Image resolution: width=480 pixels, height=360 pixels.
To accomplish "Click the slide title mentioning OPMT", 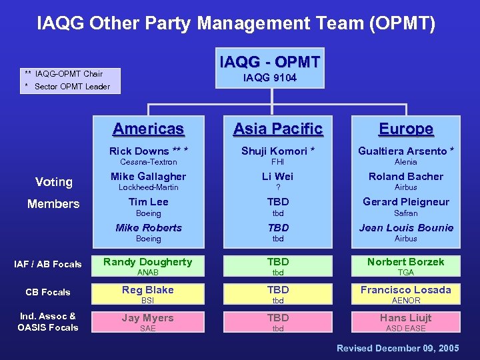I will pyautogui.click(x=237, y=24).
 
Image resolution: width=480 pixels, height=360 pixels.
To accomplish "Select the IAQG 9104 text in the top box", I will pyautogui.click(x=270, y=78).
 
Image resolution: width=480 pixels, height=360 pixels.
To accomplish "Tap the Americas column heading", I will pyautogui.click(x=148, y=129).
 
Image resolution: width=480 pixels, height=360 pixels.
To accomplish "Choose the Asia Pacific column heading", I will pyautogui.click(x=278, y=129).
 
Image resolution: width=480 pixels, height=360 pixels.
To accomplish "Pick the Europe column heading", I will pyautogui.click(x=406, y=129).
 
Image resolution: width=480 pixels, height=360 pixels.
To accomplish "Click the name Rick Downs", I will pyautogui.click(x=148, y=151).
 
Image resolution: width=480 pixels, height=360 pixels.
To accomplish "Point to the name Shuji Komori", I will pyautogui.click(x=278, y=151).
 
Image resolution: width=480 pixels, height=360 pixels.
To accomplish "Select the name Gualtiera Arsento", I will pyautogui.click(x=406, y=151).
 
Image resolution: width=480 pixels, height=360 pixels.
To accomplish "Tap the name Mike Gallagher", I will pyautogui.click(x=148, y=177).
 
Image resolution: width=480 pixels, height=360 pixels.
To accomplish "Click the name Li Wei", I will pyautogui.click(x=278, y=177).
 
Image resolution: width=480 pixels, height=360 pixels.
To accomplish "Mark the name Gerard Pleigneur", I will pyautogui.click(x=406, y=202).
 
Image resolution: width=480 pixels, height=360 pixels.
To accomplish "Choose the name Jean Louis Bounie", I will pyautogui.click(x=406, y=228).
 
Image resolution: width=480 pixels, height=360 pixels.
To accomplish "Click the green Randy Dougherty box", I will pyautogui.click(x=148, y=266).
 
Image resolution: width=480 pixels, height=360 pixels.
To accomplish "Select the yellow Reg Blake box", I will pyautogui.click(x=148, y=294).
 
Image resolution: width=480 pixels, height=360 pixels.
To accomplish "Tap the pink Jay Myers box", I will pyautogui.click(x=148, y=322).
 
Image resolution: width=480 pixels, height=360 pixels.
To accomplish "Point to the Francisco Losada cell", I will pyautogui.click(x=406, y=294).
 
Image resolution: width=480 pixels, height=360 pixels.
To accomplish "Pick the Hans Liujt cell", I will pyautogui.click(x=406, y=322).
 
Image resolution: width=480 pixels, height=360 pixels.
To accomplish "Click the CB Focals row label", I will pyautogui.click(x=48, y=292).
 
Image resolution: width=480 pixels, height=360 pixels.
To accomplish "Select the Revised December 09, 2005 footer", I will pyautogui.click(x=397, y=349).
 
